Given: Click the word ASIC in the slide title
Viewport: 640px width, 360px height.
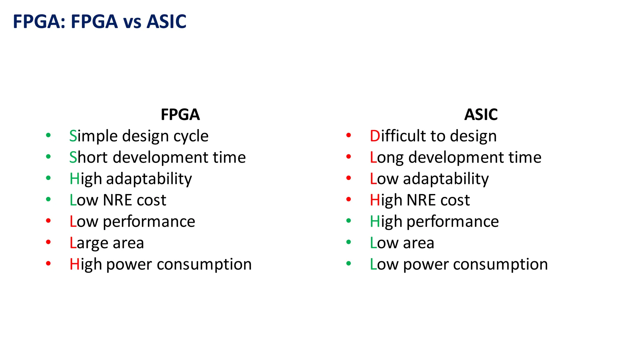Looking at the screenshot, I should (x=166, y=22).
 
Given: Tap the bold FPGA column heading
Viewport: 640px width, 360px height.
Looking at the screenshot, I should (x=180, y=114).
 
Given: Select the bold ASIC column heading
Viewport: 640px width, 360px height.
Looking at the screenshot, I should (x=481, y=114).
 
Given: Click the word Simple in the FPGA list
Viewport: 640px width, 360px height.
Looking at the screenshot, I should (x=93, y=136).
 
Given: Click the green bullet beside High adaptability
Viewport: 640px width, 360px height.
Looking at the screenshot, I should (x=48, y=178).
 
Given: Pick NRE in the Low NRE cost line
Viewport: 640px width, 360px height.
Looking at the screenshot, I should (x=117, y=200).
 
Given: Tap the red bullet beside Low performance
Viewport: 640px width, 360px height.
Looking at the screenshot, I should (x=48, y=221).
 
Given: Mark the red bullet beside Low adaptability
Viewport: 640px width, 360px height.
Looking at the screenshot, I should (x=349, y=178).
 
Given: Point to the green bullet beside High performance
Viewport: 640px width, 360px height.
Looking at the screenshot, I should (x=349, y=221).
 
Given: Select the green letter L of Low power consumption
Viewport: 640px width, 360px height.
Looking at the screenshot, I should (x=373, y=264).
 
